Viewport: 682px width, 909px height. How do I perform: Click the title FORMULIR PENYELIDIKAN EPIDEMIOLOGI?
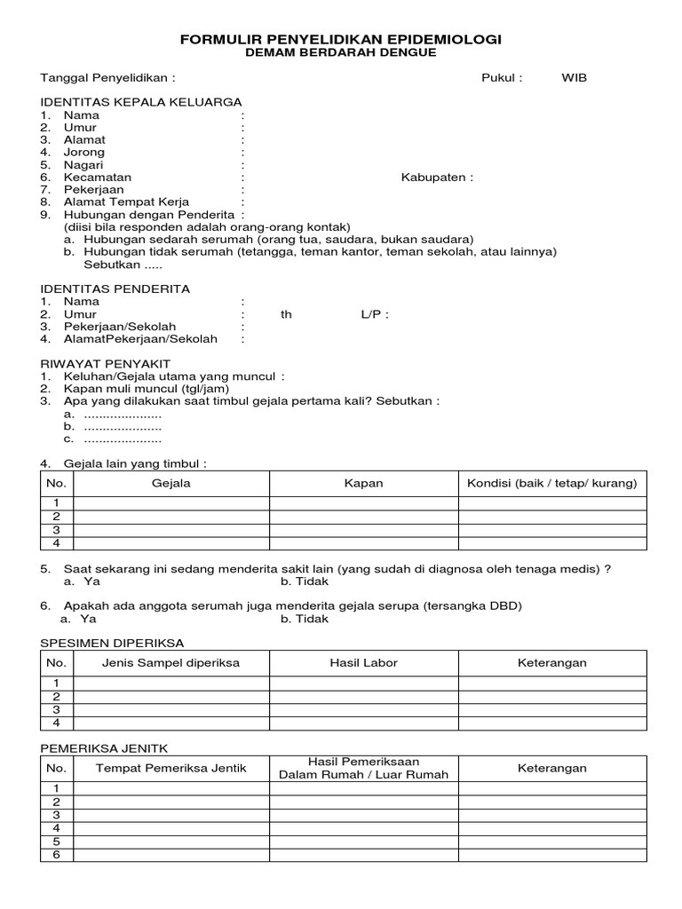341,40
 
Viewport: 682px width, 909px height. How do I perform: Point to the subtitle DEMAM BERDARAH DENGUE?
341,53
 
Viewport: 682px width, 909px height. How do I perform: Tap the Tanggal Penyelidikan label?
107,77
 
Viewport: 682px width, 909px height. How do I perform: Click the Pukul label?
502,77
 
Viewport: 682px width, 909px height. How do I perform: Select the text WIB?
574,77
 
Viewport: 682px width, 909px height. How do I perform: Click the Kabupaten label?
437,177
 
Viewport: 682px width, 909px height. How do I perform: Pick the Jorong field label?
83,152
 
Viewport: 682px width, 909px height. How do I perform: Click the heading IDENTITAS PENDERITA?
116,289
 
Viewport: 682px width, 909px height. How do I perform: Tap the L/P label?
375,314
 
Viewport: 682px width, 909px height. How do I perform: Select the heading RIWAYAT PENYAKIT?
106,364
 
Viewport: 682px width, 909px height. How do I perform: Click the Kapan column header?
363,483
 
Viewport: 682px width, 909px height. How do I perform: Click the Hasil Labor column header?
363,663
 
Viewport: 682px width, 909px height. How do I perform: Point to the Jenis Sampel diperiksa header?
170,663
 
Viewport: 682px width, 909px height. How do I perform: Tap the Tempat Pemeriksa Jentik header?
170,768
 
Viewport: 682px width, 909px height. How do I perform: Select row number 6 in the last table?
56,854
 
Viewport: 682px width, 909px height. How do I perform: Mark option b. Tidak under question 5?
305,581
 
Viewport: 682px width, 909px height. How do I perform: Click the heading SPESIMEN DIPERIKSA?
114,642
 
